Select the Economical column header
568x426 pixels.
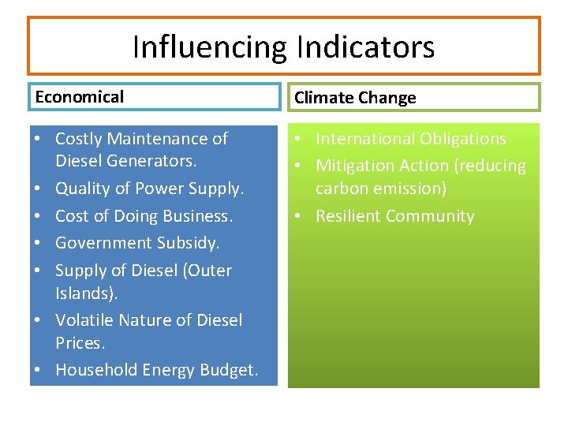(80, 97)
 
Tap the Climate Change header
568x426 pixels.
(355, 98)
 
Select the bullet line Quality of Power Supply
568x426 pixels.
(150, 189)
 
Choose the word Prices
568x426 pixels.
(80, 343)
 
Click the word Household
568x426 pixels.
(95, 370)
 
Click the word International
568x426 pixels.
(364, 139)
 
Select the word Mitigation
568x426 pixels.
(353, 166)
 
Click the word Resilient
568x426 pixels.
(349, 216)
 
